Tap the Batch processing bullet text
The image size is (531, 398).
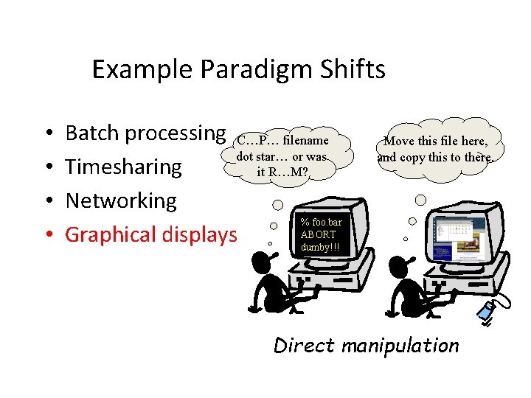(x=145, y=133)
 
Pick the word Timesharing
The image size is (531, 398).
(x=123, y=167)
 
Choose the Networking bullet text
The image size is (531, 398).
(x=121, y=200)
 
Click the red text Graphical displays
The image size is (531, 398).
(x=151, y=234)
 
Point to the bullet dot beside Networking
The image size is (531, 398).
(x=47, y=201)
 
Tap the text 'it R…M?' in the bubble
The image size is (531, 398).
(x=283, y=172)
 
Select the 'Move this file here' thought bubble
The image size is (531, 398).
(x=435, y=148)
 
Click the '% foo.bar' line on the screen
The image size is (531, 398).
(x=322, y=222)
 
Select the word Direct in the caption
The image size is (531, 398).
(x=303, y=345)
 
